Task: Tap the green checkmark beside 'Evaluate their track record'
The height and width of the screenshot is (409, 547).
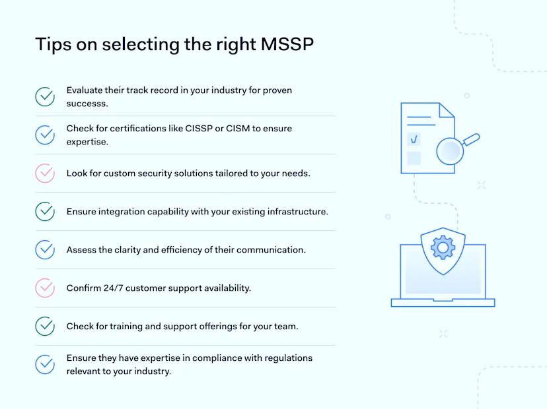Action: pyautogui.click(x=45, y=96)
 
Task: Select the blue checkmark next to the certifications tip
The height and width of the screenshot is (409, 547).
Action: pyautogui.click(x=45, y=135)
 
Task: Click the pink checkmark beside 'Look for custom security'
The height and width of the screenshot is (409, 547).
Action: pyautogui.click(x=45, y=173)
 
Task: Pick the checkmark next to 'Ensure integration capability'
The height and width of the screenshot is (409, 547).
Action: pyautogui.click(x=45, y=212)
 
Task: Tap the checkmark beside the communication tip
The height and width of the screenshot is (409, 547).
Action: pyautogui.click(x=45, y=250)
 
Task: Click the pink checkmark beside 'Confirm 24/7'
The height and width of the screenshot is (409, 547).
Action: pyautogui.click(x=45, y=288)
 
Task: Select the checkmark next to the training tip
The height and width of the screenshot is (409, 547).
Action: pyautogui.click(x=45, y=327)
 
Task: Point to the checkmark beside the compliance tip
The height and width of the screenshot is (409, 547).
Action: pyautogui.click(x=45, y=364)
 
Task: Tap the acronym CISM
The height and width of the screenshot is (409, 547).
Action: pyautogui.click(x=238, y=129)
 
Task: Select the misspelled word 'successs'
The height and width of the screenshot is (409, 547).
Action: pyautogui.click(x=87, y=104)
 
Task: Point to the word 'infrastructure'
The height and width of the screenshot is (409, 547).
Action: pyautogui.click(x=294, y=212)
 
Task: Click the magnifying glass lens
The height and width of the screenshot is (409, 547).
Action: pyautogui.click(x=449, y=151)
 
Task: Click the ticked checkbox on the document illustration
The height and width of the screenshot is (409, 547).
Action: pyautogui.click(x=414, y=139)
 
